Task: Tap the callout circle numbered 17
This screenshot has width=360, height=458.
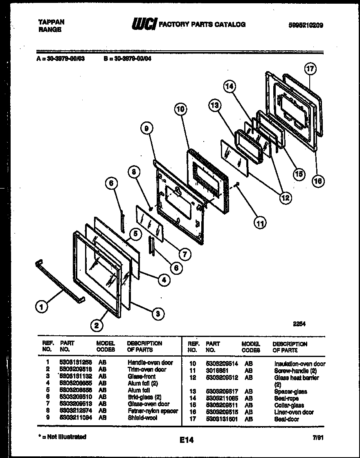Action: [x=310, y=69]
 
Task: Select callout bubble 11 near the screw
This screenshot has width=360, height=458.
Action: [x=259, y=223]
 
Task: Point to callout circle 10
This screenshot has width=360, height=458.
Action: [x=180, y=109]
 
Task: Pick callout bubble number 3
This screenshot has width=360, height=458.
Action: [x=157, y=314]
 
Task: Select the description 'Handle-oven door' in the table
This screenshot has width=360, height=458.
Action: [x=150, y=362]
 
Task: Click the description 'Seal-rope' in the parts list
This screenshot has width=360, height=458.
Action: [x=286, y=398]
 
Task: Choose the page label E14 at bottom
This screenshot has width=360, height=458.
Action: [x=186, y=440]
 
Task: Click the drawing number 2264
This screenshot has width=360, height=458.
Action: [x=299, y=323]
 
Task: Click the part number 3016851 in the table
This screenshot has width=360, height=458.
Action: [x=214, y=370]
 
